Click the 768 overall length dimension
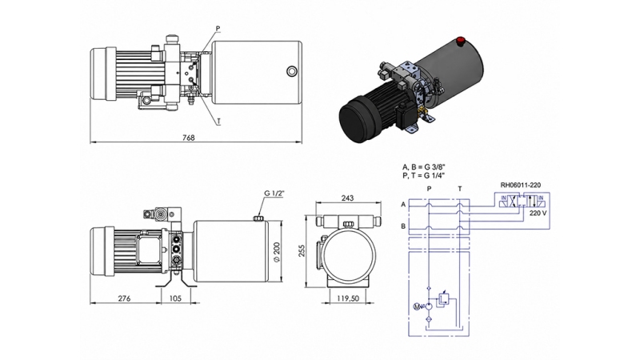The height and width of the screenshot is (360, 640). [189, 137]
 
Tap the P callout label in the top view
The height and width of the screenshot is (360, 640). [217, 28]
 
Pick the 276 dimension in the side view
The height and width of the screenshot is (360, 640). [123, 298]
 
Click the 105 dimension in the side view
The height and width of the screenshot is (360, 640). [177, 298]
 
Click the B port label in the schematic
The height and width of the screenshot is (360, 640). [402, 226]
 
